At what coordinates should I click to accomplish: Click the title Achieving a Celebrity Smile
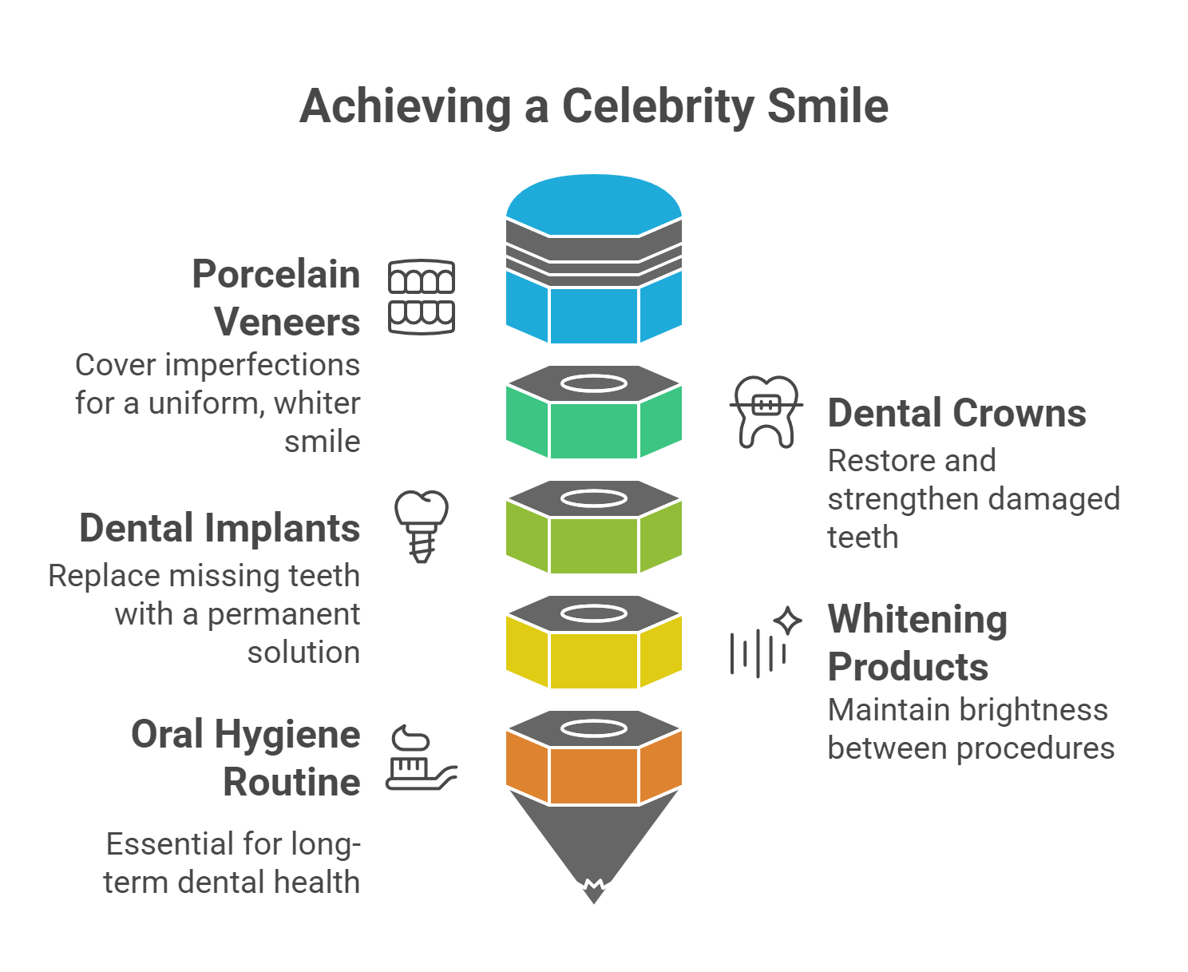pos(593,106)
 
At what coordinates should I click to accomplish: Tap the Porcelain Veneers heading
pos(276,298)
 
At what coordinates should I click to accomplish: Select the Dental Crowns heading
pos(956,414)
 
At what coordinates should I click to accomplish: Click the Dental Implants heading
pos(220,529)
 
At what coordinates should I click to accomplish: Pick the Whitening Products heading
pos(917,643)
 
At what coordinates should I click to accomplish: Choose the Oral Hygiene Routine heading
pos(246,758)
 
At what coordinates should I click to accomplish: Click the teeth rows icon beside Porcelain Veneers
pos(422,296)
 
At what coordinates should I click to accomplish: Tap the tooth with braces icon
pos(766,411)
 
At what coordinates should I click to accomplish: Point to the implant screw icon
pos(422,526)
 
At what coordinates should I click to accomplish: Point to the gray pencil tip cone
pos(594,839)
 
